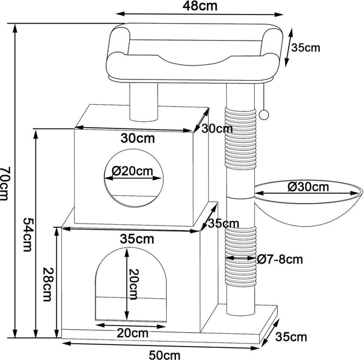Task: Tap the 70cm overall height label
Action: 5,182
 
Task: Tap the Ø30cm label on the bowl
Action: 308,187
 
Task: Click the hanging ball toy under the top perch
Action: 266,115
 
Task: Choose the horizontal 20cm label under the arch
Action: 132,333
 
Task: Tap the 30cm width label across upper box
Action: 136,138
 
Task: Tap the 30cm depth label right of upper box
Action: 217,128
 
